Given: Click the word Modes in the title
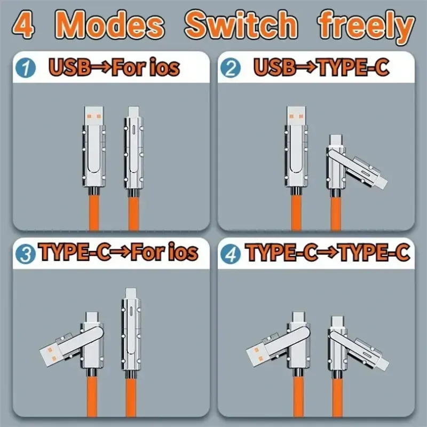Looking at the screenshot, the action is click(111, 25).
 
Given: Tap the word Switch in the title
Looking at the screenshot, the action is click(241, 25).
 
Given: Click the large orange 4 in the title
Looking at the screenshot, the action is click(23, 25).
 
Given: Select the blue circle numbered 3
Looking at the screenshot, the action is click(26, 254).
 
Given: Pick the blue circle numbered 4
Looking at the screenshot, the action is click(231, 254).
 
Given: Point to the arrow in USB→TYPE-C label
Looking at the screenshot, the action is click(306, 67).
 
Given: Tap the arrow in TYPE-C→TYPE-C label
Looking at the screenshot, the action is click(328, 253).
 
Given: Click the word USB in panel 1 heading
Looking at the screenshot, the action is click(70, 67).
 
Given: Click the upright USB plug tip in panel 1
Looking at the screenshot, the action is click(94, 116).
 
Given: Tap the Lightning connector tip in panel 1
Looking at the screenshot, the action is click(133, 112).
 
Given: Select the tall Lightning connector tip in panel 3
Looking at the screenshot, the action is click(131, 293).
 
